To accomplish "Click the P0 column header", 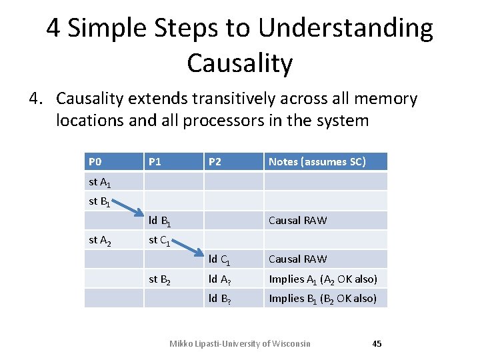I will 95,162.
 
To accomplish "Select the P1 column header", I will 155,162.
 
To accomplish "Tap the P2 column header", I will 215,162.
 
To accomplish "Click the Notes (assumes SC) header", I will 317,162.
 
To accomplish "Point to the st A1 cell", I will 99,182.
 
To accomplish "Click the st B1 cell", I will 99,201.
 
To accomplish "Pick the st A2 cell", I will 99,241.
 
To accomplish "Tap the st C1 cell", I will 159,241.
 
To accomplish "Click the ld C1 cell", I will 219,260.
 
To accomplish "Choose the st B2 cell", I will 159,279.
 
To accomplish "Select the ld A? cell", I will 219,279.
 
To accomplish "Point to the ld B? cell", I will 219,299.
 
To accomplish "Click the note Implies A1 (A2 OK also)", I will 323,279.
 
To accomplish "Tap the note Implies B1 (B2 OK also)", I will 323,299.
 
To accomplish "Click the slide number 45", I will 377,344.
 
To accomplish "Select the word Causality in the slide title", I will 239,63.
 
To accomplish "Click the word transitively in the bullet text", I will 233,99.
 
